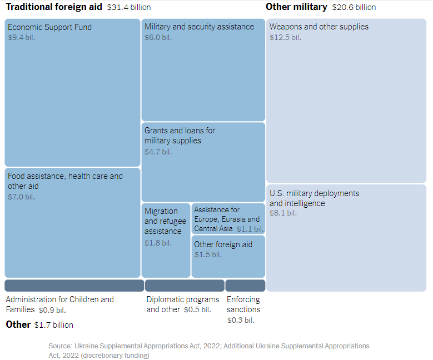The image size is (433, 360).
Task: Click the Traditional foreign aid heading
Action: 54,7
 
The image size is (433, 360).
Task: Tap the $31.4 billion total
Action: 128,8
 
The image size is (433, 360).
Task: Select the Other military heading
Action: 296,7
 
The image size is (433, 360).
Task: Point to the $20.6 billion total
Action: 354,8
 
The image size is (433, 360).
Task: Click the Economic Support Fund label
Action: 49,27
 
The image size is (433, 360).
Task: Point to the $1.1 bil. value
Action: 250,229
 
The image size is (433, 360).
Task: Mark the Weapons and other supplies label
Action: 318,27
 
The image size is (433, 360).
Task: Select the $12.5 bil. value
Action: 285,37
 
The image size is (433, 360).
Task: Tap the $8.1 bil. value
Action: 283,213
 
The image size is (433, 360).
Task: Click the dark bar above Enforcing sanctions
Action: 241,286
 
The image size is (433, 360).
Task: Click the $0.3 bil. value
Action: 241,320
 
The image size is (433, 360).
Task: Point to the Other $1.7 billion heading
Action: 39,324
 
